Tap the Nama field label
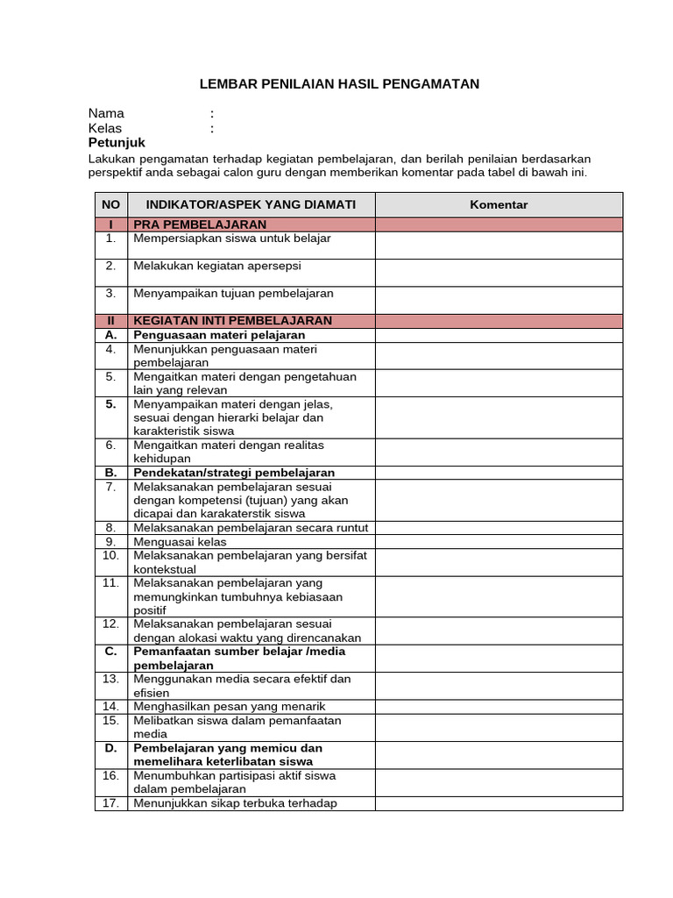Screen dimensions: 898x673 [x=106, y=113]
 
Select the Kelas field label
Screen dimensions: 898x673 [x=105, y=128]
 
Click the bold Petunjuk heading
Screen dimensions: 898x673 [x=117, y=143]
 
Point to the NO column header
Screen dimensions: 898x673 [x=110, y=204]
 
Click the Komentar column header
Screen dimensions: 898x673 [x=499, y=204]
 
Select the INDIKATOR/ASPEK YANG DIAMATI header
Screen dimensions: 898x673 [x=251, y=204]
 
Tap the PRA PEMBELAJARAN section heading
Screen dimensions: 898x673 [x=200, y=224]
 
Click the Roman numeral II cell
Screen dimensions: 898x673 [x=110, y=321]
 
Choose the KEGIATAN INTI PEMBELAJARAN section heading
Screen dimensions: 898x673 [x=232, y=321]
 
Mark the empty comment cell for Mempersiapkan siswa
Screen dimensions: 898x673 [x=499, y=245]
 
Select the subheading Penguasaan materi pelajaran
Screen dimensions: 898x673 [x=219, y=335]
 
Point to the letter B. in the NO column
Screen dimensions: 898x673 [x=110, y=473]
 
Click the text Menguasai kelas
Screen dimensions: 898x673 [x=180, y=542]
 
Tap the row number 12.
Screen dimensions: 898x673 [x=110, y=624]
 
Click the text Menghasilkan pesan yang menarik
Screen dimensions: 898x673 [x=230, y=707]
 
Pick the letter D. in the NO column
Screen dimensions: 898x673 [x=110, y=748]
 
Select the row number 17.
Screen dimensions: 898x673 [x=110, y=803]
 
